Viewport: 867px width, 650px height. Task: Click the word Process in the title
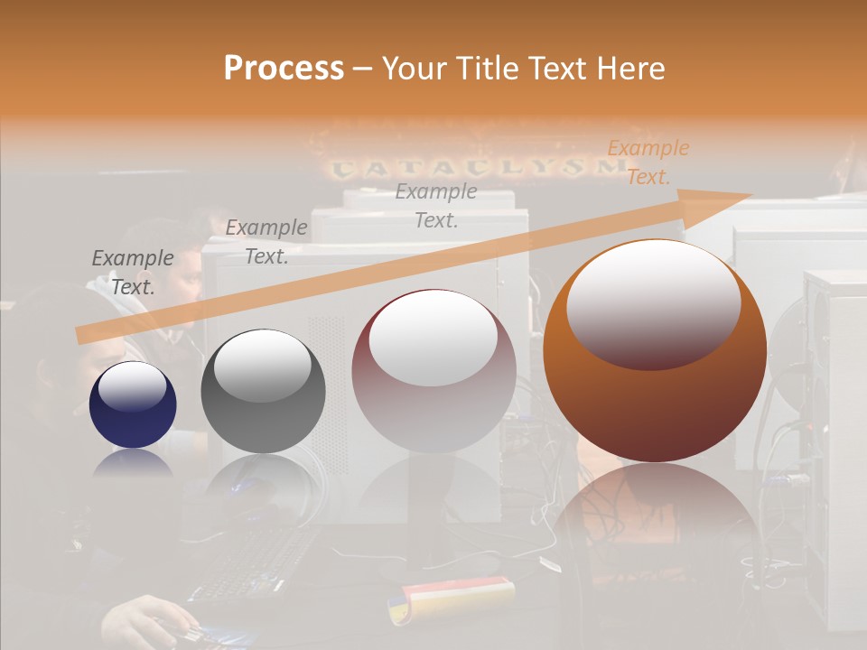tap(284, 68)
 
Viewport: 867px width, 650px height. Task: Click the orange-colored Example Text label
tap(648, 162)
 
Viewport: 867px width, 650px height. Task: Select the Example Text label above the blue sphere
tap(133, 273)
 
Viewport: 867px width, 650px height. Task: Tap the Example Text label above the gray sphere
tap(266, 242)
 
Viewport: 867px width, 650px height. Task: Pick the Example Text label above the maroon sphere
tap(436, 205)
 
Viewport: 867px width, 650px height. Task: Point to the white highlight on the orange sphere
tap(653, 302)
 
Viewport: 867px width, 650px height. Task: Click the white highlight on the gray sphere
tap(262, 366)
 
